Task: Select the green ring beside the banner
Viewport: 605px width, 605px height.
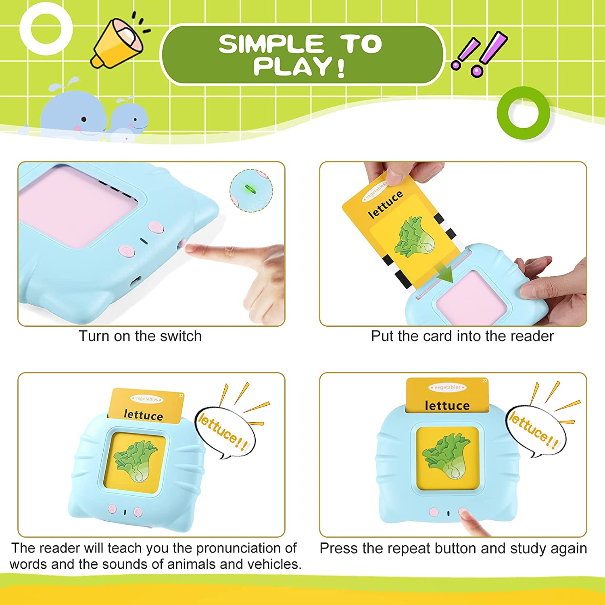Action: pos(523,113)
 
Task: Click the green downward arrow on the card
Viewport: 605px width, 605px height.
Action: pos(445,274)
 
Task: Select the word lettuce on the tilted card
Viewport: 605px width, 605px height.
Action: pos(385,205)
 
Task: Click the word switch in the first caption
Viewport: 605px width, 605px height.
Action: pos(180,336)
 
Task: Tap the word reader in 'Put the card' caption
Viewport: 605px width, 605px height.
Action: pos(532,336)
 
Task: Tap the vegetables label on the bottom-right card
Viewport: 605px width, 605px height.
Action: pos(447,387)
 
